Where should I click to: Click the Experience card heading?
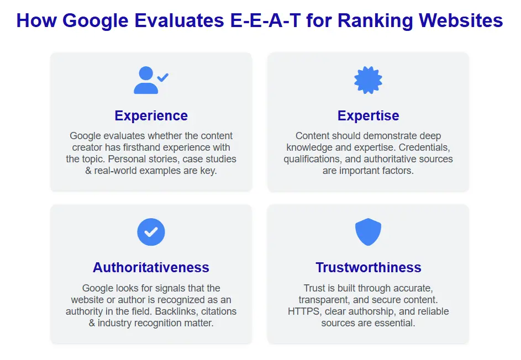[x=151, y=115]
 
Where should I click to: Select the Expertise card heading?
[x=368, y=115]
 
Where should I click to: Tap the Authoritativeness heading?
[x=151, y=267]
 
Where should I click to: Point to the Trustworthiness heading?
[x=368, y=267]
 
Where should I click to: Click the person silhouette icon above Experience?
[x=145, y=81]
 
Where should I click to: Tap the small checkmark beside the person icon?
[x=163, y=77]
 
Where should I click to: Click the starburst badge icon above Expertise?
[x=368, y=81]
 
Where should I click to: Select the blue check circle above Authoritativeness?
[x=151, y=232]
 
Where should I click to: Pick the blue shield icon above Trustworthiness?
[x=368, y=232]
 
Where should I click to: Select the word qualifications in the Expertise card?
[x=312, y=159]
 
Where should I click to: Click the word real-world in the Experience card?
[x=111, y=171]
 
